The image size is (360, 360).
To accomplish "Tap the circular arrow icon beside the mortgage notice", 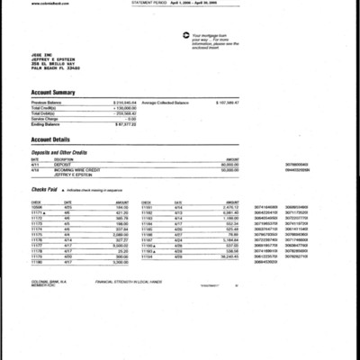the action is (x=184, y=35).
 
